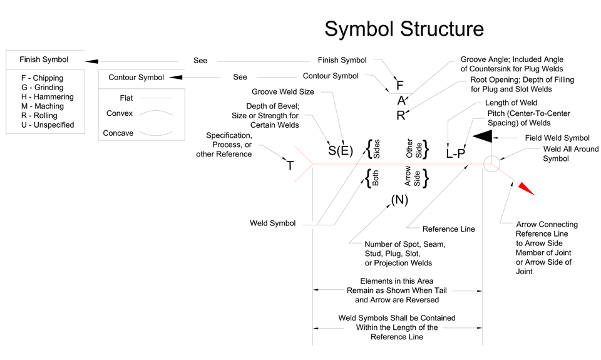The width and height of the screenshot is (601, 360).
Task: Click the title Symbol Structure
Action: [x=404, y=29]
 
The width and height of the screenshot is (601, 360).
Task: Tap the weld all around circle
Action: [x=491, y=164]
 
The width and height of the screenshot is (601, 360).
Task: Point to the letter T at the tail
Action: [x=290, y=166]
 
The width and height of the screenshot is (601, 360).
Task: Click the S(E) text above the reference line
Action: [x=341, y=151]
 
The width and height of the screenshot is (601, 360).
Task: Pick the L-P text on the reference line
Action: [x=455, y=153]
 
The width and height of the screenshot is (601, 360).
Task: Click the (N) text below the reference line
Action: [x=399, y=199]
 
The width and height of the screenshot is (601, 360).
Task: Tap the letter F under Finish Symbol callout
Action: [x=400, y=86]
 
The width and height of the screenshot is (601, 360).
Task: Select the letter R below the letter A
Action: [x=401, y=115]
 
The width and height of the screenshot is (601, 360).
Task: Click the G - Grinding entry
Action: [x=42, y=88]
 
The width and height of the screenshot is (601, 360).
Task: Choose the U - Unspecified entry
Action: [x=48, y=125]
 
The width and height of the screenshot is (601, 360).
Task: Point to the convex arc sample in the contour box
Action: [x=155, y=114]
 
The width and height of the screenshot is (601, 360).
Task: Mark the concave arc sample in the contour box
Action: [x=155, y=133]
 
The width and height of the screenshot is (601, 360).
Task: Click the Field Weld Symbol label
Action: [x=557, y=138]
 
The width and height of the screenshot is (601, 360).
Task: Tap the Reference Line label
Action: [x=449, y=229]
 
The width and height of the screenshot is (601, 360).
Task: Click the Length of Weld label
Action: [x=511, y=103]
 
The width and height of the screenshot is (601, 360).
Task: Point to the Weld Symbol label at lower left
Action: [x=273, y=224]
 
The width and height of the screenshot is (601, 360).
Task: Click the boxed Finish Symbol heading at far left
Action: [x=44, y=60]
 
